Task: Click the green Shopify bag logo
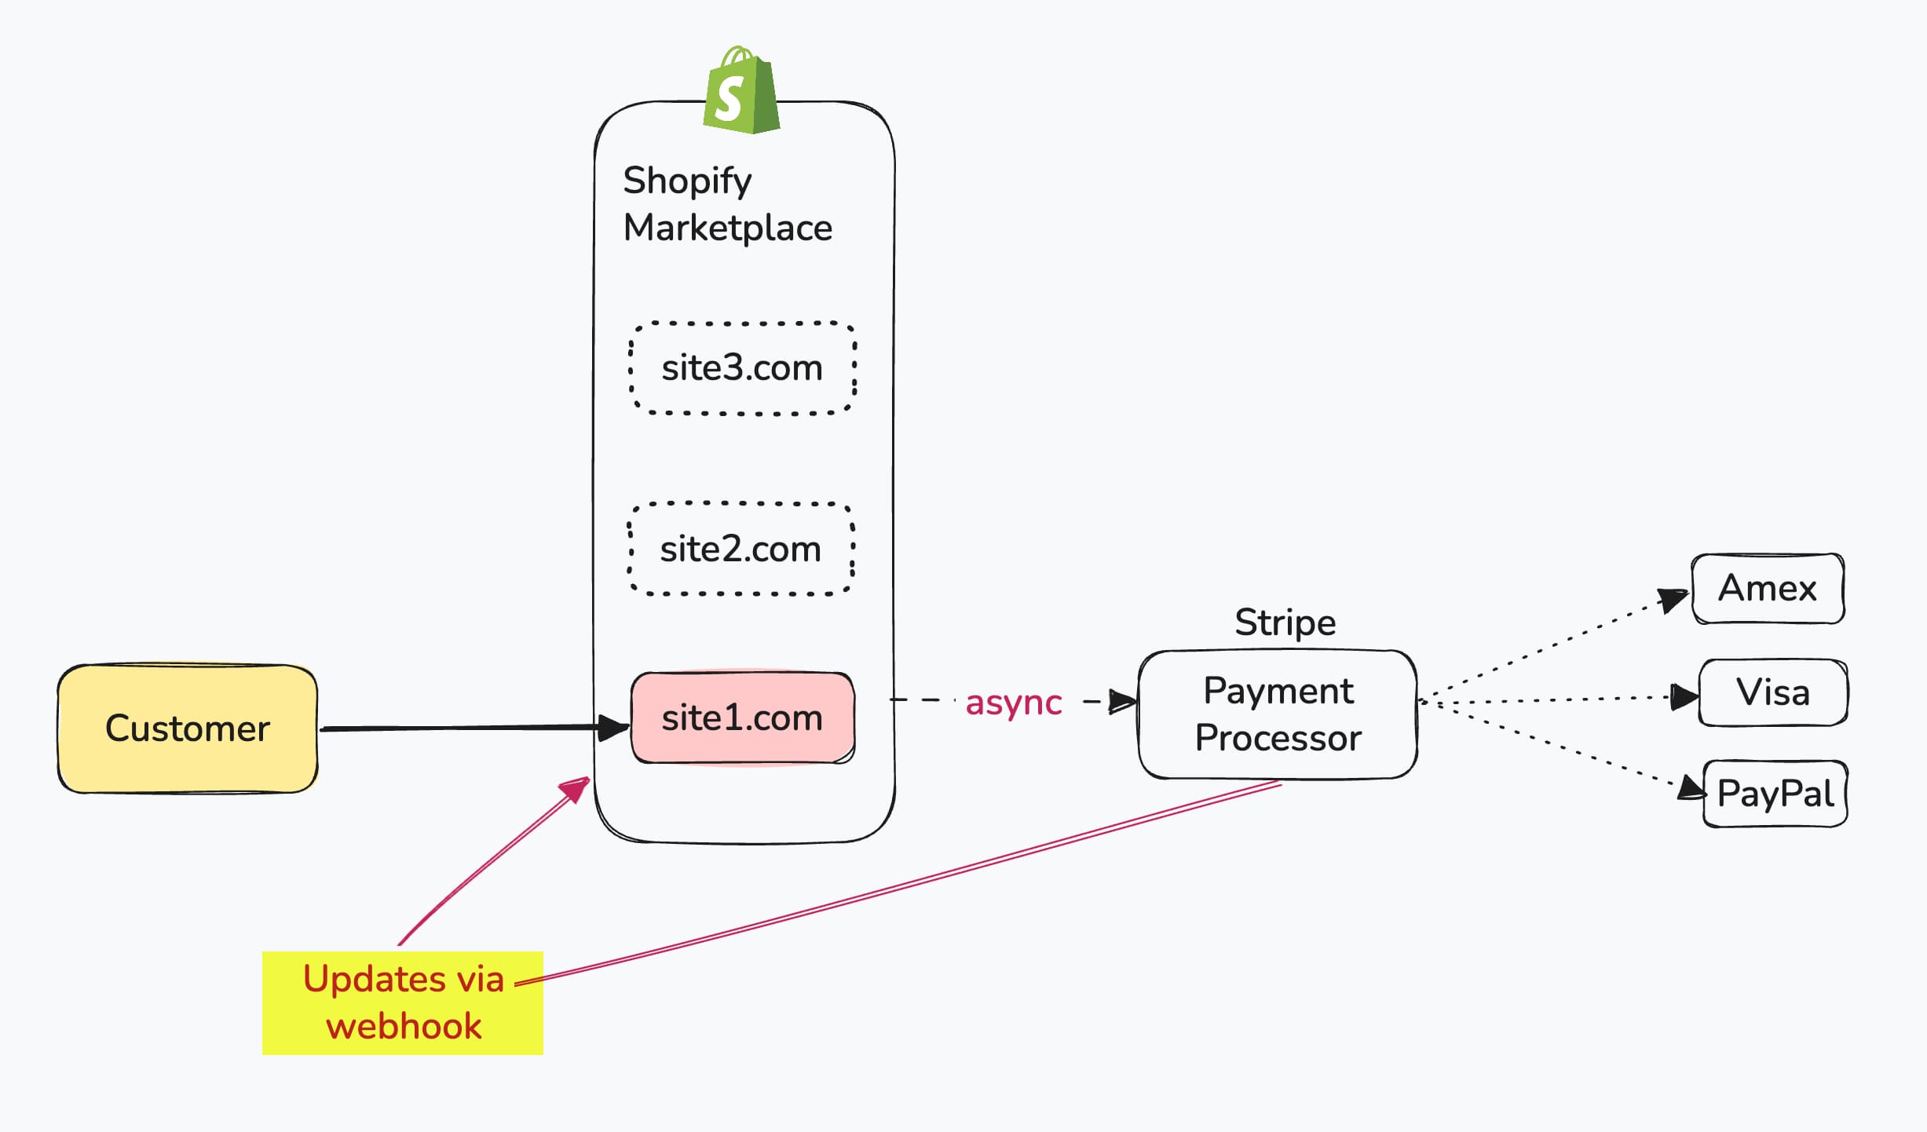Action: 740,93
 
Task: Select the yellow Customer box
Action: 188,728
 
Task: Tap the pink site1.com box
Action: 742,718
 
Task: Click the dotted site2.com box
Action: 740,549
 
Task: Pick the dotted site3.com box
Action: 742,367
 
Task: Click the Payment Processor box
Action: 1278,714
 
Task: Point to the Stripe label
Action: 1285,623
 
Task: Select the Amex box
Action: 1767,589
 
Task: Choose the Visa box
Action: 1772,692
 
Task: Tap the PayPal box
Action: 1775,793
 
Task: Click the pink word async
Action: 1013,703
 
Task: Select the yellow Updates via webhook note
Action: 403,1002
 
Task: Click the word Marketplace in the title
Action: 727,228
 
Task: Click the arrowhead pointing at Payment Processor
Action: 1123,702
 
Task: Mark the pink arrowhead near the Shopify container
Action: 576,789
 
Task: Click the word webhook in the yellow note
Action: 404,1027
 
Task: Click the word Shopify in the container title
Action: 687,181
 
